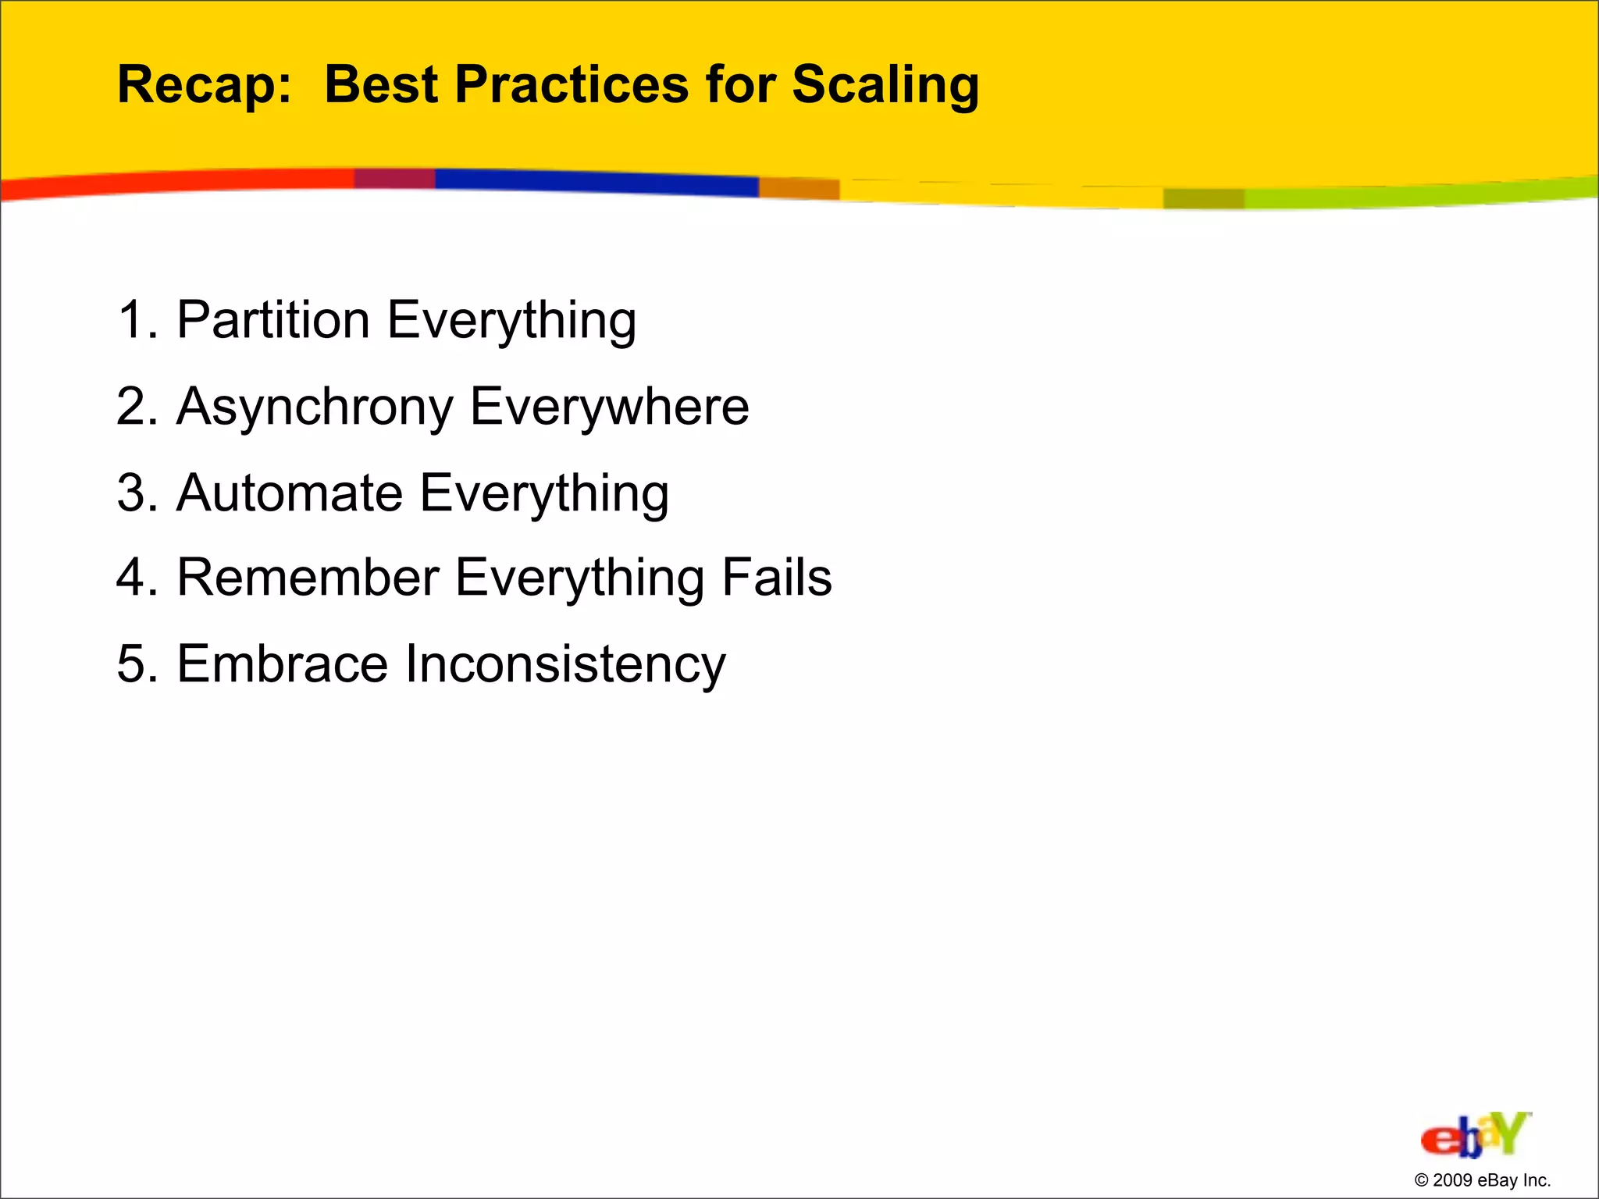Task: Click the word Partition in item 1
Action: pos(273,320)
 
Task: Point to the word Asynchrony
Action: pos(315,407)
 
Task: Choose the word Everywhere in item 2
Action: pos(610,407)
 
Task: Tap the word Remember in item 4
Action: pos(308,578)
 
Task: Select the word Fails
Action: pos(777,578)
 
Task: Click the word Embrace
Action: pos(283,664)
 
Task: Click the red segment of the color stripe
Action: pos(180,183)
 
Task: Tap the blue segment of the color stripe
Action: pos(597,182)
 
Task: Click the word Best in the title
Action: pos(381,84)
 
